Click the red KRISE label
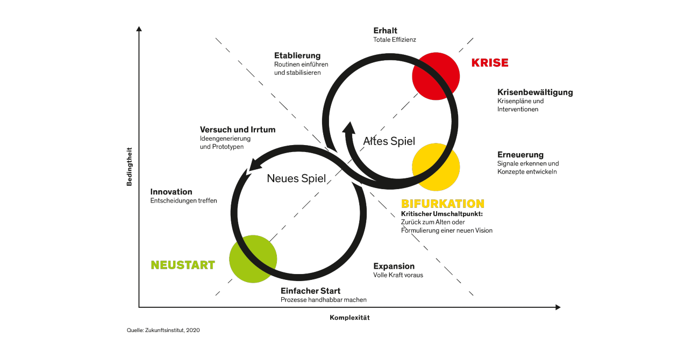point(490,63)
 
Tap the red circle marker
point(436,76)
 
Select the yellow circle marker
point(436,167)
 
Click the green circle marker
point(253,259)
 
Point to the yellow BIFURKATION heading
point(443,204)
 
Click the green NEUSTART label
point(183,265)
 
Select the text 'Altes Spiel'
point(389,141)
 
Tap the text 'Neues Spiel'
point(296,178)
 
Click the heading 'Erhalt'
point(386,31)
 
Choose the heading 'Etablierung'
point(297,55)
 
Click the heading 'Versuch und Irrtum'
point(238,129)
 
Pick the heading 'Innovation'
point(172,191)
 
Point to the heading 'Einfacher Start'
point(310,291)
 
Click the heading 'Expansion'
point(394,266)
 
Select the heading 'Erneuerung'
point(520,154)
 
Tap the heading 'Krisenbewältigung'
point(535,92)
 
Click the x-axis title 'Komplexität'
point(350,318)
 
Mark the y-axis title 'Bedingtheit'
point(129,167)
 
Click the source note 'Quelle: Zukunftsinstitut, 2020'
point(163,330)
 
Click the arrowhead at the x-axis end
point(558,307)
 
